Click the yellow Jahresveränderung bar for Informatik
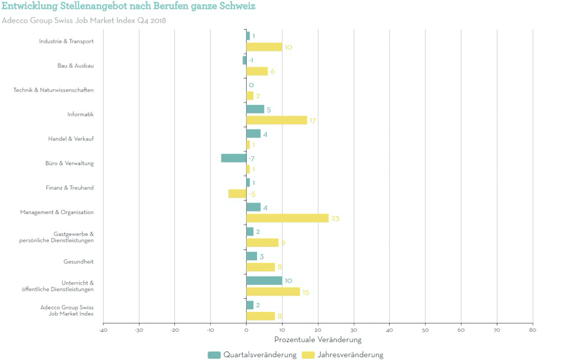[276, 120]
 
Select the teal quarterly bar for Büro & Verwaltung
[234, 158]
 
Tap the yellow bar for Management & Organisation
[287, 218]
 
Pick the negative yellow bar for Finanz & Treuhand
[237, 194]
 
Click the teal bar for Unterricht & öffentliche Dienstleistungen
[264, 280]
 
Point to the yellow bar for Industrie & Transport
[264, 47]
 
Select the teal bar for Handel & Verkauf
[253, 134]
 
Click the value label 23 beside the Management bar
[335, 219]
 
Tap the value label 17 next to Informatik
[312, 121]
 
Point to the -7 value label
[252, 158]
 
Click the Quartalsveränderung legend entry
[253, 355]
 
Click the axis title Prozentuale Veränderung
[318, 340]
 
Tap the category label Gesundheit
[78, 261]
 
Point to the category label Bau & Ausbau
[75, 65]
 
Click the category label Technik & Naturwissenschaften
[54, 90]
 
